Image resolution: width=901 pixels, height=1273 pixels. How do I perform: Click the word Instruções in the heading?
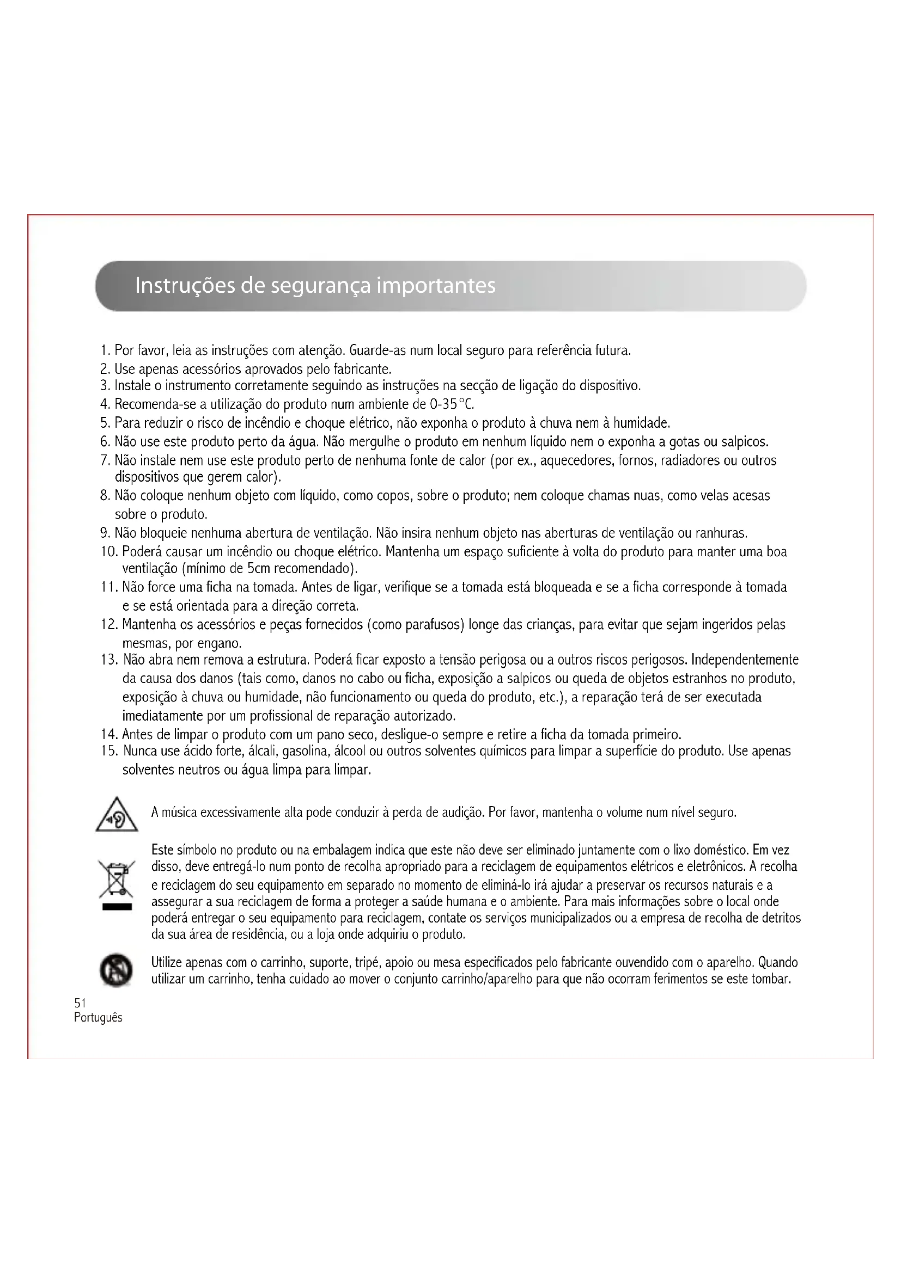184,286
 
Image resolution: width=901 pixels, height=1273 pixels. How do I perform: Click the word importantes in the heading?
436,286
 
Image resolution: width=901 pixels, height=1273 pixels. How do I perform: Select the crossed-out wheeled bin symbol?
117,880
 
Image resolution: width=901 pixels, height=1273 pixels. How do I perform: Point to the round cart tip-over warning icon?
117,970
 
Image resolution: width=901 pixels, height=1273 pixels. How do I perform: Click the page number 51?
80,1003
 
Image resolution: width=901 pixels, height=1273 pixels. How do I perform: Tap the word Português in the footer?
98,1017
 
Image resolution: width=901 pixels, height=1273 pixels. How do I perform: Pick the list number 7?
106,461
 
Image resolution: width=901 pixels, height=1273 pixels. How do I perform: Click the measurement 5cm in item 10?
259,568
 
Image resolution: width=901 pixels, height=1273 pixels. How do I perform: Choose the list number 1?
105,350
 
